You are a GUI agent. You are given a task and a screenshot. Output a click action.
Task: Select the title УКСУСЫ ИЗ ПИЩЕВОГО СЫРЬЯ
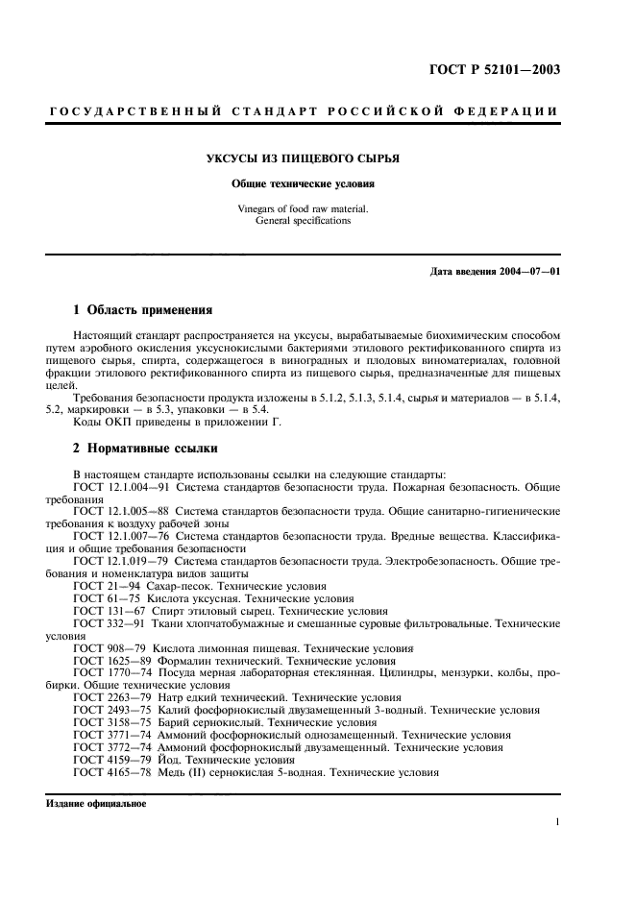tap(317, 158)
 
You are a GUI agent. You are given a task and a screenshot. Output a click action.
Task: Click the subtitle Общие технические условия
tap(317, 182)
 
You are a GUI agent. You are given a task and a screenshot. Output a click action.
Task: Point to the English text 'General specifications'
tap(317, 220)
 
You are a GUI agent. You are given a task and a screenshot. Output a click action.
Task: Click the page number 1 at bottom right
tap(557, 821)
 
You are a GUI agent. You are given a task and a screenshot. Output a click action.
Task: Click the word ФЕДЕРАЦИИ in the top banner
tap(512, 113)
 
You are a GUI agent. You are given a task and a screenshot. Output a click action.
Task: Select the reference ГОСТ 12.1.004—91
tap(121, 487)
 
